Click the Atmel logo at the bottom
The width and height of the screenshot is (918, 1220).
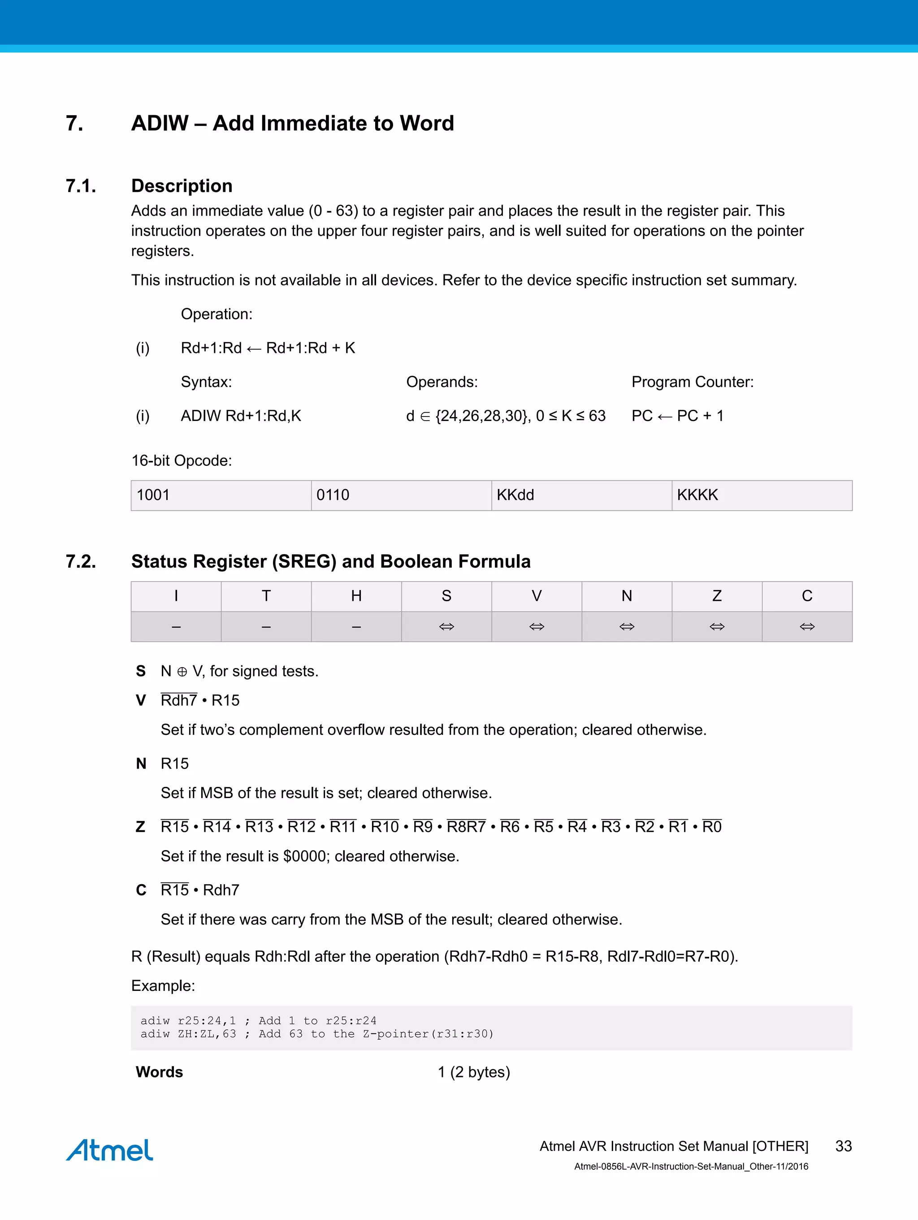pos(109,1150)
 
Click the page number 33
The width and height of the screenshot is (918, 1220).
pos(843,1146)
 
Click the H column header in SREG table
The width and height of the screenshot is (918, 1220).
pos(356,596)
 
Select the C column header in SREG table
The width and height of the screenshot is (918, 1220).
pos(807,596)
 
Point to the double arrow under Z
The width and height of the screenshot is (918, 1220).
pos(717,626)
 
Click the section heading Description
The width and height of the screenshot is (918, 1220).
pos(182,186)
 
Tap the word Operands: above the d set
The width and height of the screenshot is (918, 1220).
pos(442,382)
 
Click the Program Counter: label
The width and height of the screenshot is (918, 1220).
pos(692,382)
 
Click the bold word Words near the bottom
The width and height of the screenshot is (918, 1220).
pos(159,1072)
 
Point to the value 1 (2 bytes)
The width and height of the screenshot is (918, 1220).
pos(474,1072)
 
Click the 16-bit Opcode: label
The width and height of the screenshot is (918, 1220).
pos(182,460)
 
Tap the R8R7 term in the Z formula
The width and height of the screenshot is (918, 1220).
pos(466,827)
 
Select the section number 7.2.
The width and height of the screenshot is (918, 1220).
pos(81,561)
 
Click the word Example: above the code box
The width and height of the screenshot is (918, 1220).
pos(163,986)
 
